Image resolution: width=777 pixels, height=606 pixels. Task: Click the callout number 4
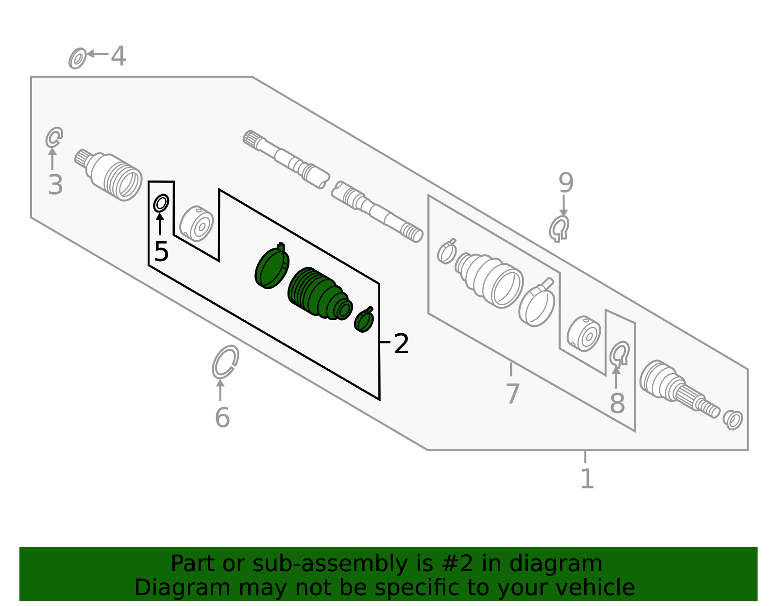click(x=118, y=56)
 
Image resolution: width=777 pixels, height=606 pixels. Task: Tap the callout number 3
click(x=55, y=185)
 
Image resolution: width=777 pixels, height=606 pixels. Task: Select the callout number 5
click(x=161, y=251)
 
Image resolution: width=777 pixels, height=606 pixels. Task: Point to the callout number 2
click(x=401, y=344)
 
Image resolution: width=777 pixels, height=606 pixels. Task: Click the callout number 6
click(x=222, y=417)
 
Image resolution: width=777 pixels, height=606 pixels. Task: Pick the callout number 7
click(x=513, y=394)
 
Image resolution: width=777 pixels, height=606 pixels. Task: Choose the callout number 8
click(x=618, y=404)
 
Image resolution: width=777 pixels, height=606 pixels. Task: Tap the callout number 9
click(x=566, y=183)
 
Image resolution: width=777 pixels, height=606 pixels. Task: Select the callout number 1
click(x=588, y=478)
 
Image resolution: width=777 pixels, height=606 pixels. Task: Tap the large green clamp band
click(x=272, y=266)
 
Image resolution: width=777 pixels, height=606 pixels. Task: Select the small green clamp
click(x=364, y=320)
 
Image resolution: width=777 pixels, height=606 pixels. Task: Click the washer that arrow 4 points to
click(x=78, y=59)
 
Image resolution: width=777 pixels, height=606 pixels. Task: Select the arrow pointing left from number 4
click(x=98, y=53)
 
